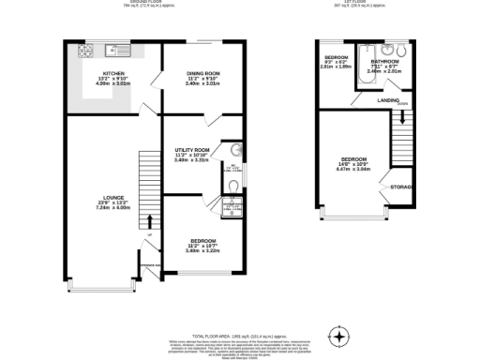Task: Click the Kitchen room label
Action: [113, 72]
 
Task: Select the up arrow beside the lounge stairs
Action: [148, 233]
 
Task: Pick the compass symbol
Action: [338, 334]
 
